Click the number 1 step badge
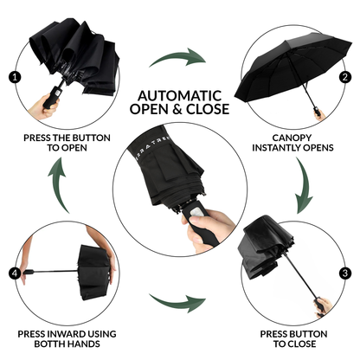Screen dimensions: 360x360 coord(14,76)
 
